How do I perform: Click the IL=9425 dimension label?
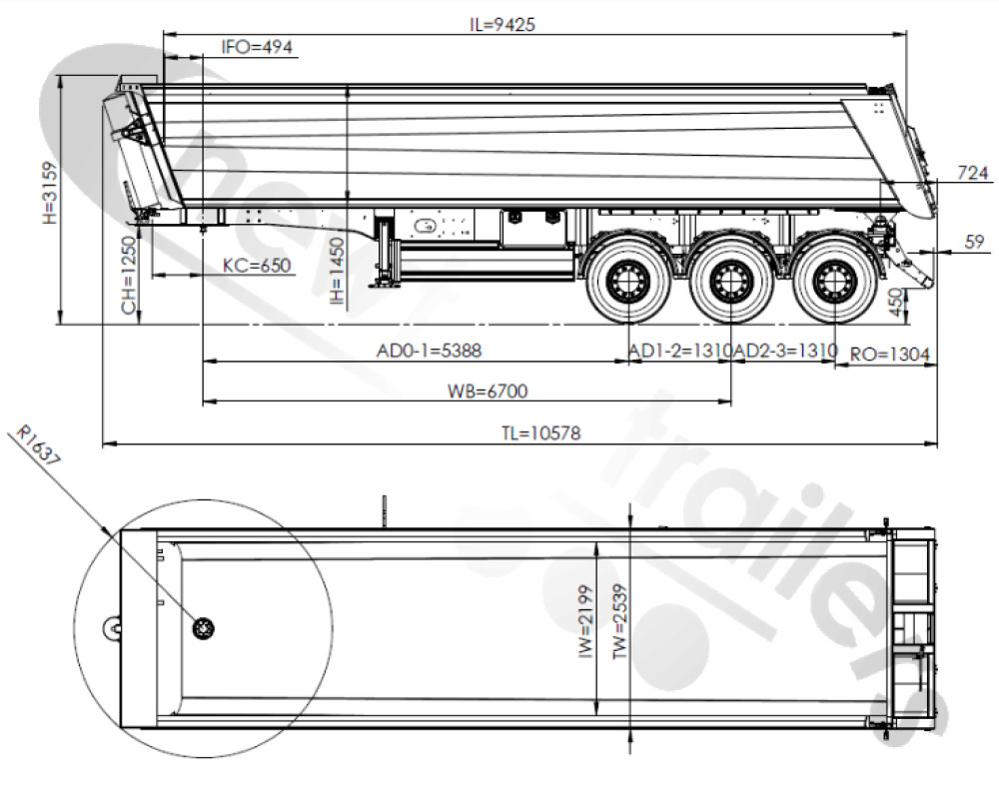click(x=502, y=24)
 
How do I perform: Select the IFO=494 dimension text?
click(x=258, y=47)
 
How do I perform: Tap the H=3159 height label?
click(x=49, y=193)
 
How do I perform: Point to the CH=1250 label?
click(x=129, y=276)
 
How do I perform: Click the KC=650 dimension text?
click(x=257, y=265)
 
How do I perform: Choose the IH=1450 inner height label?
click(x=337, y=271)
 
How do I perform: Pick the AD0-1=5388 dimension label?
click(x=429, y=351)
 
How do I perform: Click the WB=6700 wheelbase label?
click(x=488, y=391)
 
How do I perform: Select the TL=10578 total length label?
click(x=540, y=433)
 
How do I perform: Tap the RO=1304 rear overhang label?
click(x=890, y=355)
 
